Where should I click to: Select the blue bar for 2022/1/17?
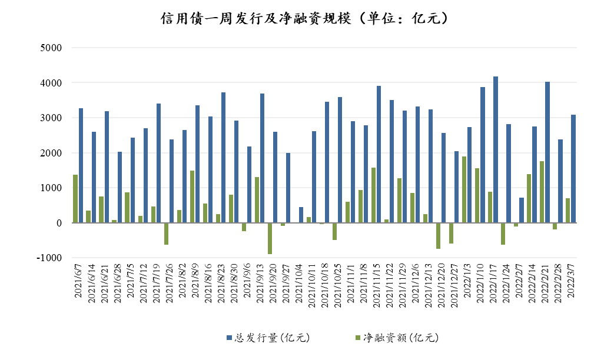click(496, 150)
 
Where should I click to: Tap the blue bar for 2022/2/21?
click(547, 152)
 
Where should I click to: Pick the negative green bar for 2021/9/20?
click(270, 238)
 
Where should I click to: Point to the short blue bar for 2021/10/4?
click(301, 215)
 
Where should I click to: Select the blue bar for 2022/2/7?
click(522, 210)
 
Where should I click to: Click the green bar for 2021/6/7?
click(75, 199)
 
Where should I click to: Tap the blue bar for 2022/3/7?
click(573, 169)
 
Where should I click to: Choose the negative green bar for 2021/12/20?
click(438, 236)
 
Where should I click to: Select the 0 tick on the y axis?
click(58, 223)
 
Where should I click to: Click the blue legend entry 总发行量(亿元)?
click(268, 338)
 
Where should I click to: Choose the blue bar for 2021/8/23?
click(224, 158)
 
